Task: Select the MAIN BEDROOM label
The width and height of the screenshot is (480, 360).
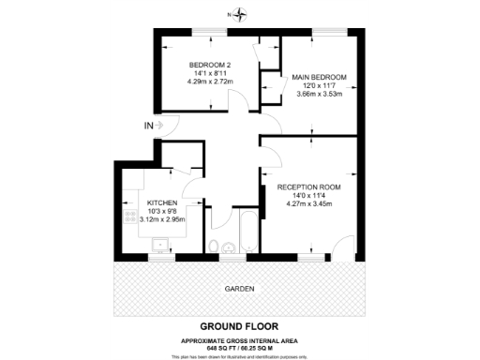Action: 319,76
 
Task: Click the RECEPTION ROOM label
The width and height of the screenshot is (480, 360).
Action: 308,187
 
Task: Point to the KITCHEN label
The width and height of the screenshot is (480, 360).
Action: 162,202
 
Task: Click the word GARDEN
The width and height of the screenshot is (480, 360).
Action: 239,288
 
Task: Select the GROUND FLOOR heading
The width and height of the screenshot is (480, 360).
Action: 240,326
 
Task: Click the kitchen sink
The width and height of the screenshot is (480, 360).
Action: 160,247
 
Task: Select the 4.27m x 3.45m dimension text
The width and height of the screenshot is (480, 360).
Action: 308,204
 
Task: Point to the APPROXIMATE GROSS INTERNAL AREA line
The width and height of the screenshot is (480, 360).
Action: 240,338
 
